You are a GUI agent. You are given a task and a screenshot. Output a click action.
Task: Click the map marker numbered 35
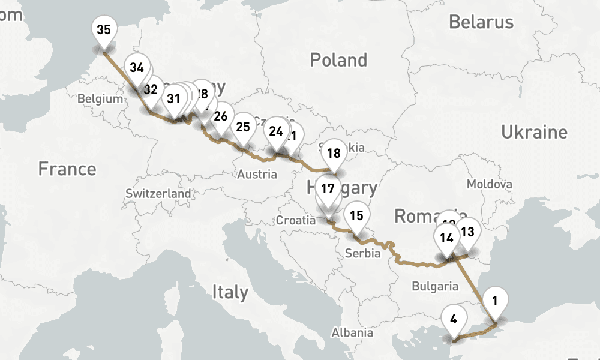(x=103, y=30)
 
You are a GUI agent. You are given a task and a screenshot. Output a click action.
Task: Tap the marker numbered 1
(x=494, y=300)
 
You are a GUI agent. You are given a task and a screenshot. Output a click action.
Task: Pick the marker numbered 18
(x=334, y=154)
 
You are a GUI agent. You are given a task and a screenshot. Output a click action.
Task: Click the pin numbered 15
(x=356, y=215)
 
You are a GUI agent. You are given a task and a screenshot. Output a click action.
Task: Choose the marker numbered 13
(x=468, y=231)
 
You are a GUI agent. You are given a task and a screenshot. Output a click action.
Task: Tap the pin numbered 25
(x=243, y=127)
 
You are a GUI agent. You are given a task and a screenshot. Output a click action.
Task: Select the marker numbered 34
(x=137, y=67)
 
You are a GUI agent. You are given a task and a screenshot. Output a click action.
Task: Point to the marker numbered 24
(x=276, y=131)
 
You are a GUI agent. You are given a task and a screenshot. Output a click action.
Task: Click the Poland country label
(x=338, y=60)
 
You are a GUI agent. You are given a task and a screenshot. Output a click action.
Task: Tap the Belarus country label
(x=481, y=22)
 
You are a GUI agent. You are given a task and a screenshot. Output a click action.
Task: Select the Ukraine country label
(x=534, y=133)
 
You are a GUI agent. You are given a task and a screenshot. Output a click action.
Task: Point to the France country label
(x=67, y=169)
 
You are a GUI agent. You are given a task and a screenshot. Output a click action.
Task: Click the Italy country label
(x=230, y=292)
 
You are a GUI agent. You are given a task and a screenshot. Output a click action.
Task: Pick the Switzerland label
(x=158, y=194)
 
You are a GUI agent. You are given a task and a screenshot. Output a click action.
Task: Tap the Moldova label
(x=490, y=184)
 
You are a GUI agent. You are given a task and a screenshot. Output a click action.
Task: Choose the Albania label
(x=353, y=332)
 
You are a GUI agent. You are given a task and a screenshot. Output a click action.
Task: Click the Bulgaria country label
(x=435, y=286)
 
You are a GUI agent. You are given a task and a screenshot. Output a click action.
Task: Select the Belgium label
(x=100, y=99)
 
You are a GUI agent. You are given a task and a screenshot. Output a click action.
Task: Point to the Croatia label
(x=295, y=221)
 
